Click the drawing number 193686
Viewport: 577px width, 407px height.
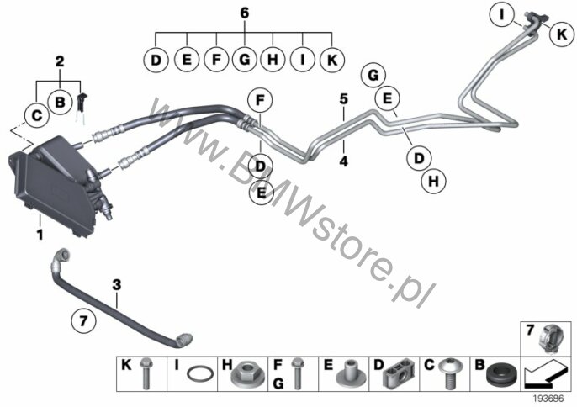pos(548,399)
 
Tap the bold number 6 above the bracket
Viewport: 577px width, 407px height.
pos(244,13)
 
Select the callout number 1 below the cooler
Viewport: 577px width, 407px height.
pos(40,235)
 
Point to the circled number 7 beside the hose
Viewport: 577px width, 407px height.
pos(83,320)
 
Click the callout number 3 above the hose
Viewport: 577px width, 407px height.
pos(116,284)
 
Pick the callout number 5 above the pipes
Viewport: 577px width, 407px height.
pos(343,98)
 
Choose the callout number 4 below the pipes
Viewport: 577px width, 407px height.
pos(343,161)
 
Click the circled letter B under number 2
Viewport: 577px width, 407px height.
pos(60,102)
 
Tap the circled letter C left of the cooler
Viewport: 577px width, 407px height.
pos(36,115)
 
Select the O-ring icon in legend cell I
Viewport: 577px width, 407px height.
pos(200,374)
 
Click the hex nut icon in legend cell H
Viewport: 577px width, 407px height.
pos(243,375)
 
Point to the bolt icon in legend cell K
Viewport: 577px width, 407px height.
pos(146,373)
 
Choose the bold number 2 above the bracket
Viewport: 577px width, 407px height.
pos(60,61)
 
